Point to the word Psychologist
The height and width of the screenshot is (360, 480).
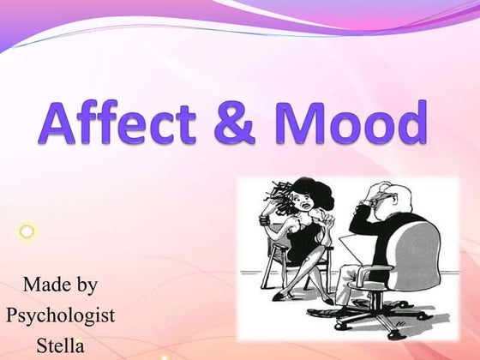60,315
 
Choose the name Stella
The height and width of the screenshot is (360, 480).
61,345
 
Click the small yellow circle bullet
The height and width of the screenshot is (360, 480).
27,231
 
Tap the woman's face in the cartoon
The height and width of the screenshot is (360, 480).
304,199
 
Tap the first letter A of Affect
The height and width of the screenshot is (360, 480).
57,123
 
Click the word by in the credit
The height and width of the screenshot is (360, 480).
85,284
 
